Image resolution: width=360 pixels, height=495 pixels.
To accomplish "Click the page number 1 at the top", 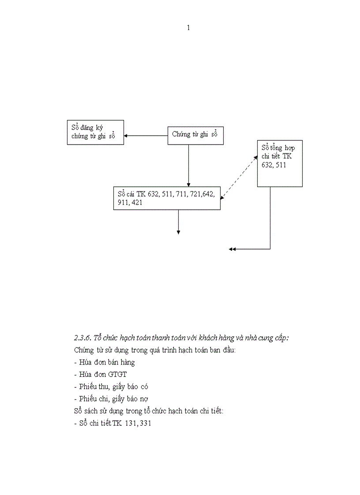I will point(188,28).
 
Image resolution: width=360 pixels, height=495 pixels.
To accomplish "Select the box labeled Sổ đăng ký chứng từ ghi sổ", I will point(95,132).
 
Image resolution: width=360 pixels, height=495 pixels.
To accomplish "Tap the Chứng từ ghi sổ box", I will point(195,135).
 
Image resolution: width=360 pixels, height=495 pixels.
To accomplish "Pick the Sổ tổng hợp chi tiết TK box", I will point(280,164).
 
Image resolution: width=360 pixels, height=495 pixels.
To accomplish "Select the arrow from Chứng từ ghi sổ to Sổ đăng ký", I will point(146,135).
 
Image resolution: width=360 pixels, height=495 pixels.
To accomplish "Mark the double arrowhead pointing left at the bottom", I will point(232,249).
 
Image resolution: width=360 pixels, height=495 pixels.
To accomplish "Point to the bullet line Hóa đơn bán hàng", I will point(105,362).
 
